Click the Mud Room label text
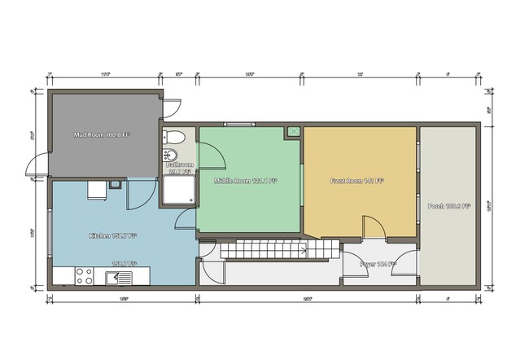click(x=102, y=134)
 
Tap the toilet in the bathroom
click(x=172, y=137)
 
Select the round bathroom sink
click(x=171, y=155)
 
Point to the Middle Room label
click(x=245, y=181)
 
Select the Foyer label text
click(x=378, y=264)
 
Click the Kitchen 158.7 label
click(x=112, y=236)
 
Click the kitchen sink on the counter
click(x=118, y=278)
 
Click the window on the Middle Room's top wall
click(x=238, y=123)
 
